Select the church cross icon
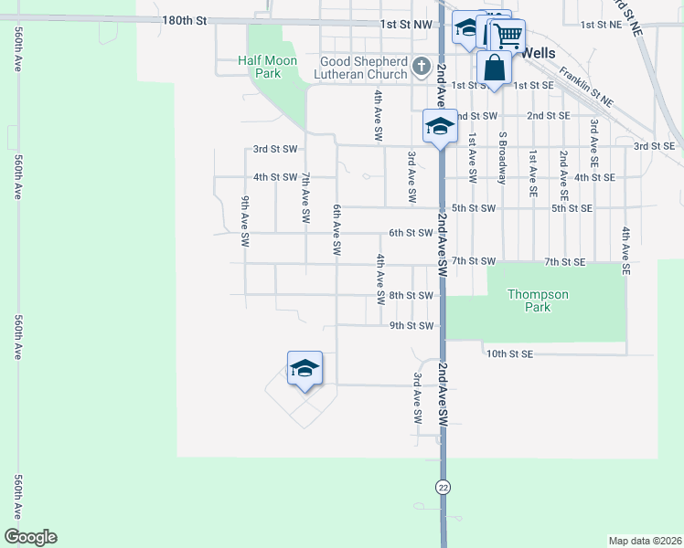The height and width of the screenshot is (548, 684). (422, 67)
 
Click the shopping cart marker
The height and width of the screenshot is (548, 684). (508, 37)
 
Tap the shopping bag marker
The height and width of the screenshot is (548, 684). (494, 69)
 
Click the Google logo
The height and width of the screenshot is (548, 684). (30, 537)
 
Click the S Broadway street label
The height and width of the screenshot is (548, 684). (502, 158)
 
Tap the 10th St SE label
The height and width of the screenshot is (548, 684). (509, 353)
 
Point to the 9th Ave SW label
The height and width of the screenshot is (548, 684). (245, 222)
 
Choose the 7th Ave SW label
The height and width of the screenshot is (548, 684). (305, 197)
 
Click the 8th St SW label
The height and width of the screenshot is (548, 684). (411, 295)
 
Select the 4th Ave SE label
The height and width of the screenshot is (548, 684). (625, 251)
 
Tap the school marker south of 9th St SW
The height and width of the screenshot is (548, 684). (305, 369)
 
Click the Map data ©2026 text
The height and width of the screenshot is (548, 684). (645, 541)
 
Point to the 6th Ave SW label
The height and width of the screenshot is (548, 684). (337, 229)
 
